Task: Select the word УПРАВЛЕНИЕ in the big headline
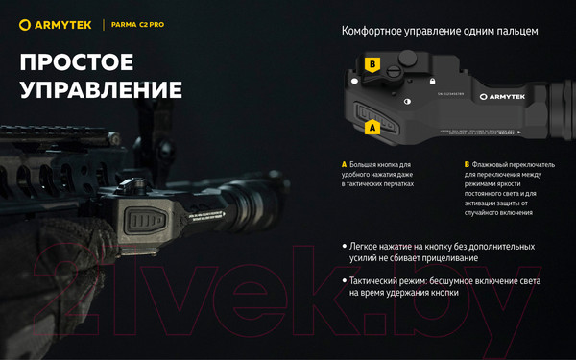(101, 90)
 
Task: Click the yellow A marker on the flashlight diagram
(372, 126)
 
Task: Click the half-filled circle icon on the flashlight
(408, 101)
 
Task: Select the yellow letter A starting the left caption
(344, 164)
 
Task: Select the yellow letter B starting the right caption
(466, 164)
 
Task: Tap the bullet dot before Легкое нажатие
(345, 247)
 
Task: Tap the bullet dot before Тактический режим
(345, 281)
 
